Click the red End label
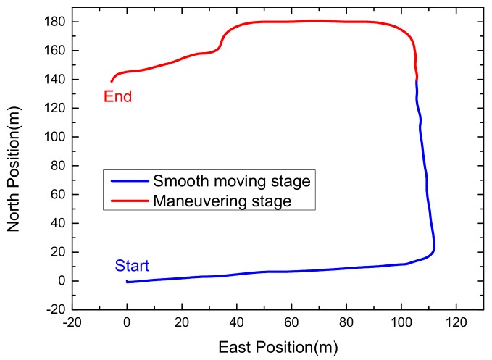[x=117, y=96]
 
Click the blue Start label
[x=132, y=266]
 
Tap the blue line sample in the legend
[x=128, y=180]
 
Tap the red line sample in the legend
[x=128, y=200]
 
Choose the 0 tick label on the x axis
[x=127, y=324]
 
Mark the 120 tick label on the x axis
[x=456, y=324]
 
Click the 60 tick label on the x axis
[x=291, y=324]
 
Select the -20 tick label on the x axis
[x=72, y=324]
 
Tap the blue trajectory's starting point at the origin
[x=127, y=281]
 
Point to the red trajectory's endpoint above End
[x=112, y=81]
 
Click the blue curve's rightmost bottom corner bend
[x=433, y=250]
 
